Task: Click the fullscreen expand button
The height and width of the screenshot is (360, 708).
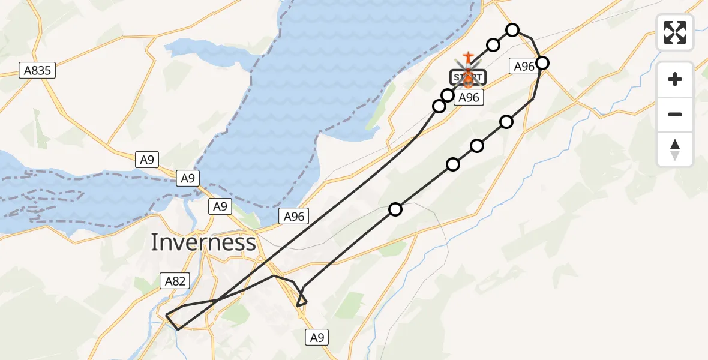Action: pos(675,32)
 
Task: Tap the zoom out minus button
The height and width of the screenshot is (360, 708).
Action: pos(675,114)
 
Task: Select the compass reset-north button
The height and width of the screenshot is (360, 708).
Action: pos(675,149)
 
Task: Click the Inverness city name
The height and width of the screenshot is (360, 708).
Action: pos(203,242)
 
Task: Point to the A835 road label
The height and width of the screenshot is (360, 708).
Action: pos(37,71)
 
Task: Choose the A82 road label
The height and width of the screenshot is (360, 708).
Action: pos(175,280)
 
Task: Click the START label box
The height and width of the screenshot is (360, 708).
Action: pos(468,77)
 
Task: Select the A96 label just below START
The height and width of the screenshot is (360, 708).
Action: pos(468,97)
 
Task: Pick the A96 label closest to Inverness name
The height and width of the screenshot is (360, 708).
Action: pos(294,217)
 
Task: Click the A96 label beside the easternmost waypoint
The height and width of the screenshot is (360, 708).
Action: pos(524,67)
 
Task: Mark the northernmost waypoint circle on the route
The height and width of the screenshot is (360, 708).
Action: pos(512,30)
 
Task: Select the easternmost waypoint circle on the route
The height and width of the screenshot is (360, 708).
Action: pos(542,62)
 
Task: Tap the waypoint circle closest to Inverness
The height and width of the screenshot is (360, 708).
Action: pos(395,209)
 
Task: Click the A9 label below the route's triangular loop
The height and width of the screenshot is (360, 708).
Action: pos(317,338)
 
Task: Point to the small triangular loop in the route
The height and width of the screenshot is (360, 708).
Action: pos(302,298)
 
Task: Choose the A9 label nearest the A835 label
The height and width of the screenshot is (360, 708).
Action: pos(146,160)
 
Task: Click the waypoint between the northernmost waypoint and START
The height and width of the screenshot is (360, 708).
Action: pos(493,45)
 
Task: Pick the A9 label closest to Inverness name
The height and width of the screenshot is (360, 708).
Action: pos(220,206)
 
